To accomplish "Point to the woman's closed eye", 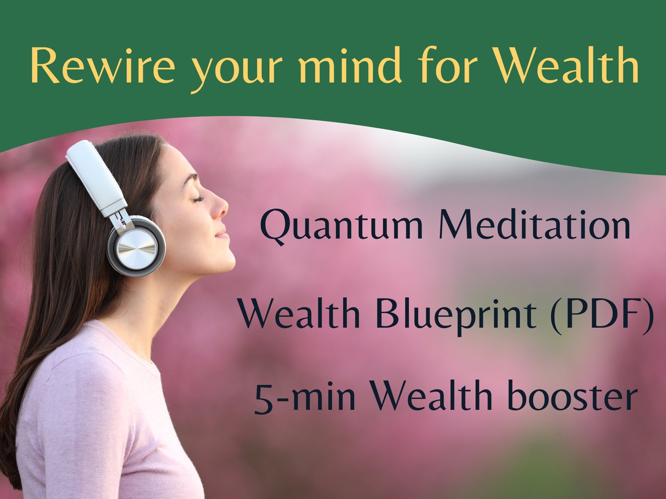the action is pyautogui.click(x=199, y=198).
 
